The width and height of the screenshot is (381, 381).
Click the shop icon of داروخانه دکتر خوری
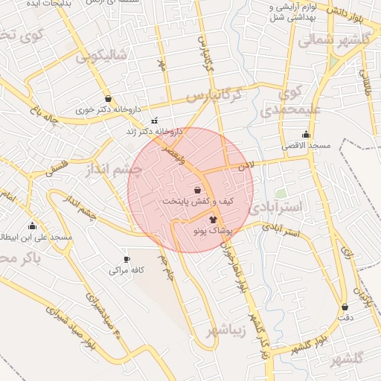[x=109, y=98]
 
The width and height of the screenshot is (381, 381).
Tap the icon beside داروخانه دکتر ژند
[x=154, y=121]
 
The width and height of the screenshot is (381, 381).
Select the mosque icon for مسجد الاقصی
[x=306, y=135]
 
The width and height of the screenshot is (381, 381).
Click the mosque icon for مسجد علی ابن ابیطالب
[x=32, y=226]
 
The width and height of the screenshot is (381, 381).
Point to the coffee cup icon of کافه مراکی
[x=127, y=259]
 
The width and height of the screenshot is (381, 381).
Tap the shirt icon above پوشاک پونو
[x=214, y=220]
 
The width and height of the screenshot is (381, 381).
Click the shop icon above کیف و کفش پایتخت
[x=197, y=190]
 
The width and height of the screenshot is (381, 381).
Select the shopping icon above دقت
[x=345, y=307]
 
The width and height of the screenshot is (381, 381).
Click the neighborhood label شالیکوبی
[x=102, y=54]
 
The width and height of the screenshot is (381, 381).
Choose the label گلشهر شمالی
[x=335, y=40]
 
